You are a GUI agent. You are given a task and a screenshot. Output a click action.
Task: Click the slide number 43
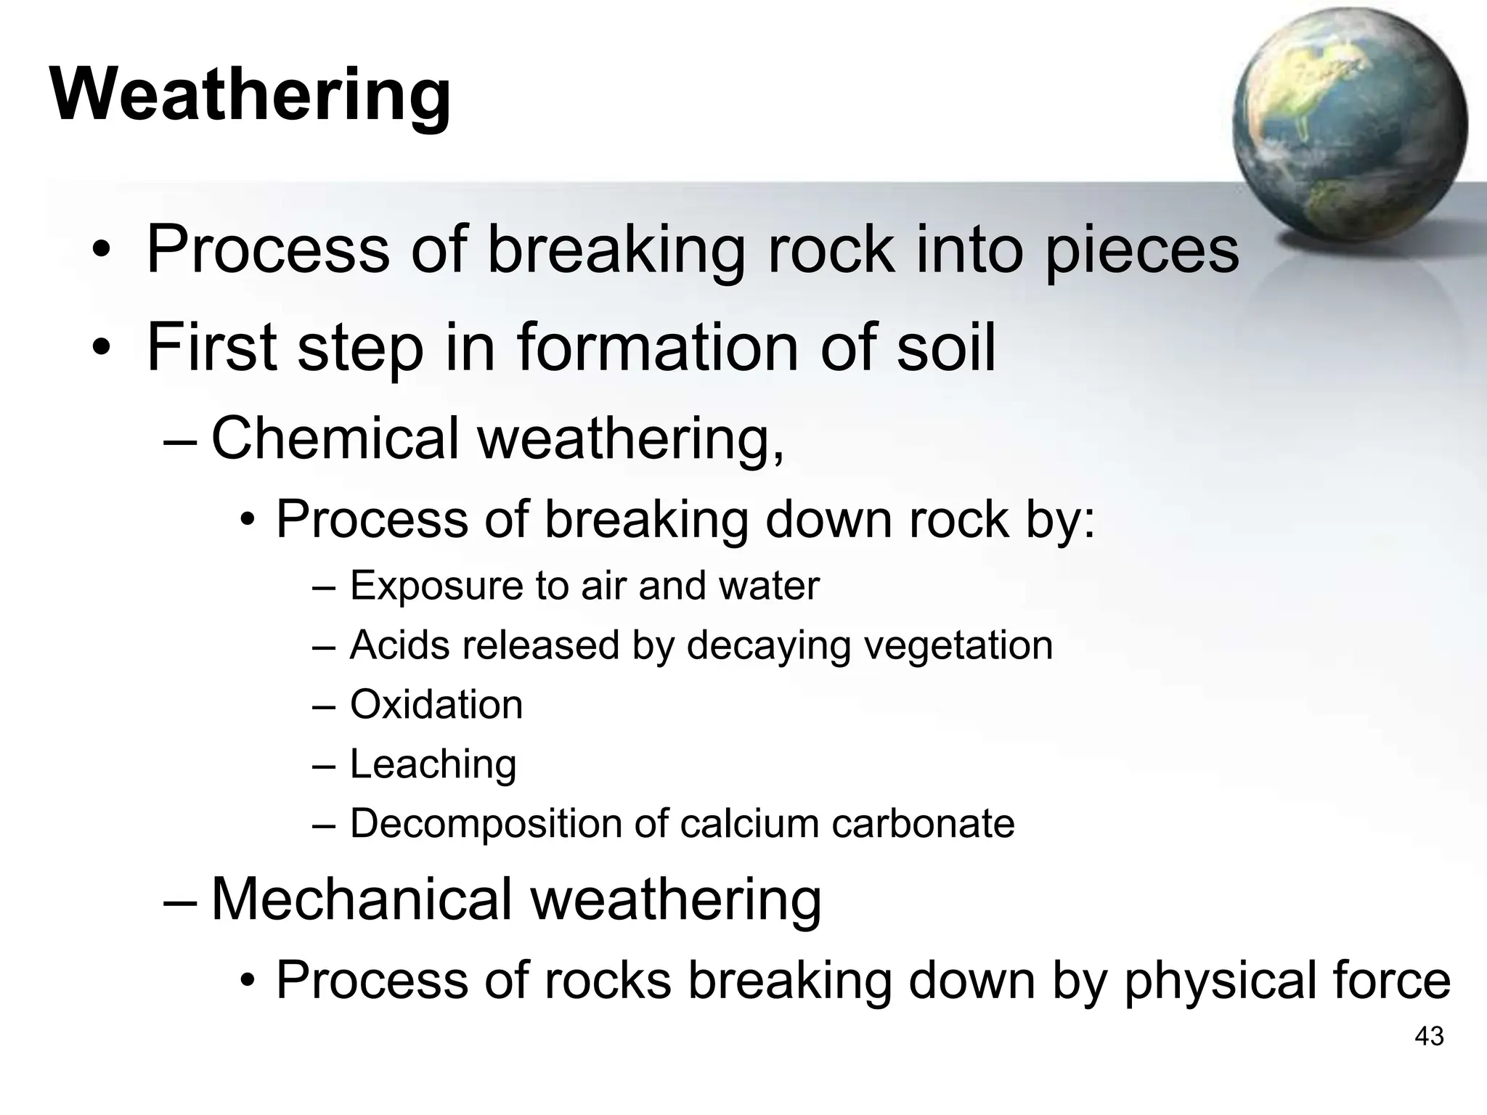(x=1429, y=1037)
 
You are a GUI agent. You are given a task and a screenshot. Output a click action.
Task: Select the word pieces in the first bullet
(x=1141, y=250)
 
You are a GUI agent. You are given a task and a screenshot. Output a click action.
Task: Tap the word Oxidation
(x=436, y=704)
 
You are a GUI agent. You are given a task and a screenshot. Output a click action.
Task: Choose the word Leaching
(x=433, y=764)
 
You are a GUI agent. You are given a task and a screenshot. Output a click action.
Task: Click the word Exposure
(x=436, y=586)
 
